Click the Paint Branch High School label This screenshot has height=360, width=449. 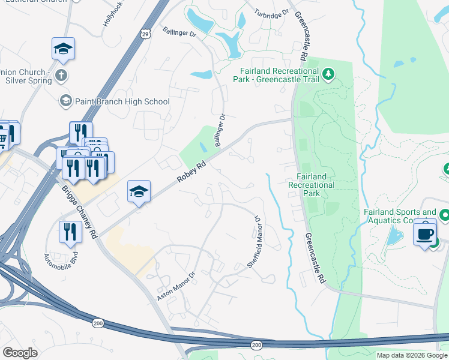click(122, 101)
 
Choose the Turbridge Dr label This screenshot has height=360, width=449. click(267, 14)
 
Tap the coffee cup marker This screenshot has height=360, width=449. click(425, 232)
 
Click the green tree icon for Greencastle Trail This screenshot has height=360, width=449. click(328, 74)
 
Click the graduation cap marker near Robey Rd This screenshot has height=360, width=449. click(139, 191)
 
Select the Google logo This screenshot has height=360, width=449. click(20, 353)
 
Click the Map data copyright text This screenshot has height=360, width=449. click(412, 355)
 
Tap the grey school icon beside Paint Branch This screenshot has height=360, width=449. click(65, 101)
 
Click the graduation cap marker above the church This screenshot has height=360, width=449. click(63, 49)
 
